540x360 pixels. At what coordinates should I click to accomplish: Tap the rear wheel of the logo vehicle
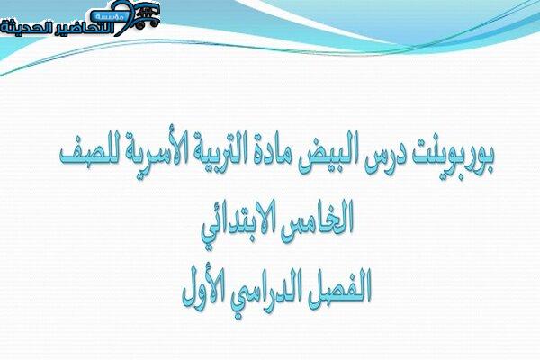140,25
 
